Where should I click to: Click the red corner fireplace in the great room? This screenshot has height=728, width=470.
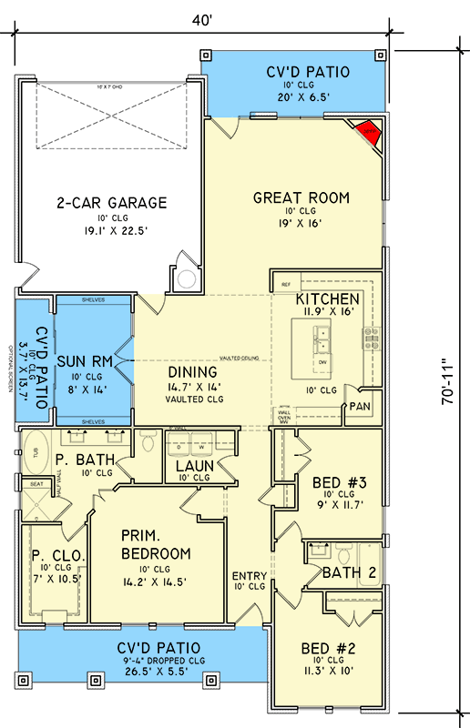(x=369, y=131)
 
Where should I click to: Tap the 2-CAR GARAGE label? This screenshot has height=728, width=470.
(x=112, y=203)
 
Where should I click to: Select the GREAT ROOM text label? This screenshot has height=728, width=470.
(x=301, y=197)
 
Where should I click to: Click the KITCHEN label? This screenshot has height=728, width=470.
(x=326, y=298)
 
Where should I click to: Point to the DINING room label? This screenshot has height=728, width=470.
(x=192, y=372)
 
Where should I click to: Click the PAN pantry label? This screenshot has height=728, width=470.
(x=360, y=407)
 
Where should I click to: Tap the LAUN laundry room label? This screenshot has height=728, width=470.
(x=195, y=466)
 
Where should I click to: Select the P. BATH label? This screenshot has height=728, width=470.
(x=76, y=460)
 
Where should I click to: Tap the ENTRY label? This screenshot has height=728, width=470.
(x=249, y=575)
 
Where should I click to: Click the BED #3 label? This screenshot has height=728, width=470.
(x=333, y=481)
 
